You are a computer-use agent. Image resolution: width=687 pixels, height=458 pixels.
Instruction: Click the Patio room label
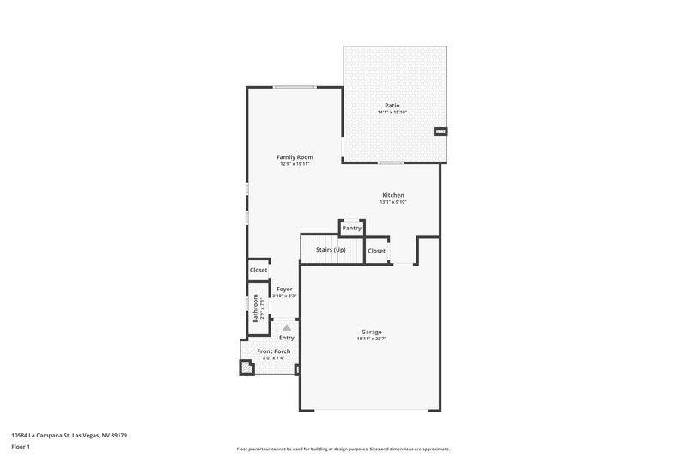point(392,105)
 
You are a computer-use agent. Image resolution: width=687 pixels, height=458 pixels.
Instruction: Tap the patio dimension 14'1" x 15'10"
point(392,113)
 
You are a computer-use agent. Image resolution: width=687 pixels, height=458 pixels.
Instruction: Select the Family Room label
point(294,157)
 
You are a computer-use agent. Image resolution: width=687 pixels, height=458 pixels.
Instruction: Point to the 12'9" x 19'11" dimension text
point(294,164)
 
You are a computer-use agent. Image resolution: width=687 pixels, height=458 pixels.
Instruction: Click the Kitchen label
point(393,195)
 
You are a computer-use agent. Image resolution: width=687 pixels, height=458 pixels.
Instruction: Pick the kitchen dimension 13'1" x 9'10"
point(393,202)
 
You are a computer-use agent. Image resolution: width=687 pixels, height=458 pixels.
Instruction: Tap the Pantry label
point(352,228)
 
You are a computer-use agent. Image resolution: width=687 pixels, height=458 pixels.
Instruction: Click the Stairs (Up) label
point(331,250)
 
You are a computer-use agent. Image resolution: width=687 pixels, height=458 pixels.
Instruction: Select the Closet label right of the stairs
point(376,251)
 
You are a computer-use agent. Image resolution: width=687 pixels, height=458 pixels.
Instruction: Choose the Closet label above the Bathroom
point(258,270)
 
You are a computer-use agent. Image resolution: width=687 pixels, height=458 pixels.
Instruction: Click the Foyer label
point(284,289)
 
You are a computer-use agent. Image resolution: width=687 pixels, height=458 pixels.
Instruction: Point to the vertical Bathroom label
point(255,308)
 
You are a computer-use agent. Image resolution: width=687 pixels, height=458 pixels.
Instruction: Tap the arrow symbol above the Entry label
point(287,327)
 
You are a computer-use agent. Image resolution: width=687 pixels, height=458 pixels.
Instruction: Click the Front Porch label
point(274,351)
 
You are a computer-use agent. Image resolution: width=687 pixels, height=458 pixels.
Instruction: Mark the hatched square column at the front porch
point(246,368)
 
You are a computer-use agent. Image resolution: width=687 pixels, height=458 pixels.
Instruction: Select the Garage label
point(371,332)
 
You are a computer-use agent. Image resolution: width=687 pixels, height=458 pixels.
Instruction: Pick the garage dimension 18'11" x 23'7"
point(371,339)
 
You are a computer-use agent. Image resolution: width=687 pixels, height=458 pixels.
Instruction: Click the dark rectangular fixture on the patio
point(441,131)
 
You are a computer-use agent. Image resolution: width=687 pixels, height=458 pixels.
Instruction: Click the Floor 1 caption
point(20,447)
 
